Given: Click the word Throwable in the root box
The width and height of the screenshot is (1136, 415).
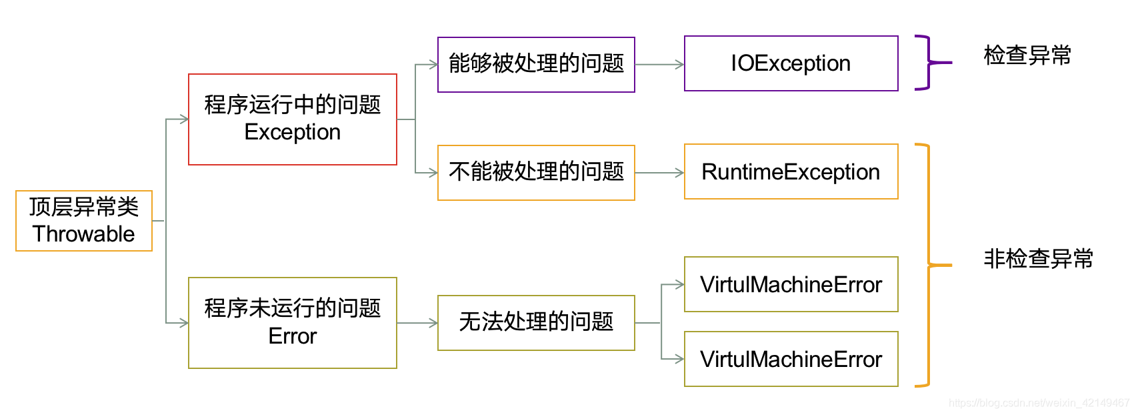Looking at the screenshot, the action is pos(84,234).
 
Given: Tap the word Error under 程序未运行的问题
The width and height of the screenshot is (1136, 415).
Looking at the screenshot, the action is pos(293,336).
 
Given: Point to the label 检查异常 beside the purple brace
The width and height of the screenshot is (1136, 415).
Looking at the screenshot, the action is pos(1027,55).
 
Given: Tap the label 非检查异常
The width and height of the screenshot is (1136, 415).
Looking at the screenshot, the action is pos(1038,259).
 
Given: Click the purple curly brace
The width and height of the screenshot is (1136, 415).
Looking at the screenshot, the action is pos(929,63).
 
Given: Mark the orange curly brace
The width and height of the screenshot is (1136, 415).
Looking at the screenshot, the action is pos(929,265).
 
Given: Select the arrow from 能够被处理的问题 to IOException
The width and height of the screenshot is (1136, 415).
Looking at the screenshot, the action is pos(659,65).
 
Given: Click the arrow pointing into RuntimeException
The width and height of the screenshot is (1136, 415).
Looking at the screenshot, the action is pos(659,173).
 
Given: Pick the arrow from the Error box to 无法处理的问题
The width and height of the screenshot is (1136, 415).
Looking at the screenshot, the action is pos(417,323).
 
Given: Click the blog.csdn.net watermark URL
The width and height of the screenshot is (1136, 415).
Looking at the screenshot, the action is pos(1039,403).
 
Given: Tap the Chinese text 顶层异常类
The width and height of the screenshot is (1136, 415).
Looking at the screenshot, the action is pos(84,207).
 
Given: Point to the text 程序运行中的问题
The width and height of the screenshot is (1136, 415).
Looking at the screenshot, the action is pos(293,105).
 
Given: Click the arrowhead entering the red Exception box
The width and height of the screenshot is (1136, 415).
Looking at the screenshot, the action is pos(184,119).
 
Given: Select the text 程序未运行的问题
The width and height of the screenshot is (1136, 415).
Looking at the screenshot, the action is pos(293,308).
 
